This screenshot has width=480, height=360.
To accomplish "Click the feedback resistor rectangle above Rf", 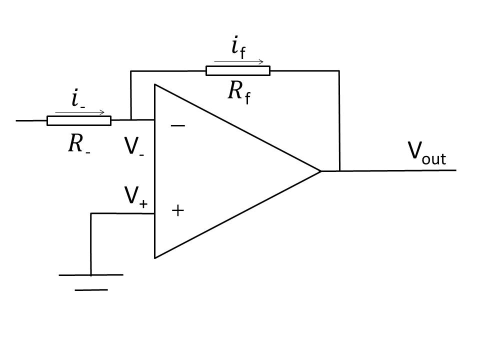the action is coord(238,70).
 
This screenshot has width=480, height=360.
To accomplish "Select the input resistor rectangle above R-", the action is coord(79,120).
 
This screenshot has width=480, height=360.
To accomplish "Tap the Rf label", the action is coord(239,93).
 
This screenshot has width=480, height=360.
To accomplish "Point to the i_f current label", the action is coord(238,47).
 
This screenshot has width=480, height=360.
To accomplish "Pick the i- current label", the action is coord(78,98).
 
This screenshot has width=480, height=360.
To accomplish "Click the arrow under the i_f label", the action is coord(239,62).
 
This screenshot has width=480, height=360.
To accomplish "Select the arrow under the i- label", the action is coord(79,112).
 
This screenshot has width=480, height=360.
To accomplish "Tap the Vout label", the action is coord(426,153).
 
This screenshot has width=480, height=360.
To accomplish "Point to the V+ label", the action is coord(136,196).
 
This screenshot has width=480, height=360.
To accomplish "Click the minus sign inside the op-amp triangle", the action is coord(178,125).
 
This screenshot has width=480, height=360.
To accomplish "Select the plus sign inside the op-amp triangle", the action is coord(178,210).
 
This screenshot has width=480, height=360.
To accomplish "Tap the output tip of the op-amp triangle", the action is coord(320,171).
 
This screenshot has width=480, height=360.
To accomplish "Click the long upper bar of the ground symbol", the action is coord(91,275).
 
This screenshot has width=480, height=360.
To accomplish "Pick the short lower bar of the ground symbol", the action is coord(91,289).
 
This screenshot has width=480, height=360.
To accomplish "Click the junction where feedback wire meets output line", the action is coord(339,171).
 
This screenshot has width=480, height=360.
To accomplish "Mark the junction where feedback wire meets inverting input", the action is coord(131,119).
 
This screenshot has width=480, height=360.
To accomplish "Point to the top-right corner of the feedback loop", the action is coord(339,70).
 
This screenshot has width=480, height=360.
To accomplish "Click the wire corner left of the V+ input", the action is coord(91,213).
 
